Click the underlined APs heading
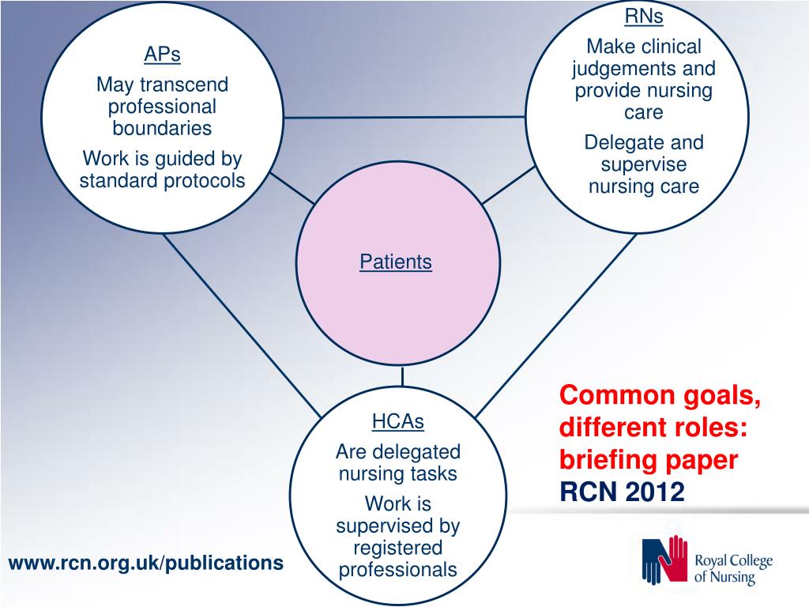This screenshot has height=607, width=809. (162, 55)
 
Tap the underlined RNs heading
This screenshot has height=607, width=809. (644, 17)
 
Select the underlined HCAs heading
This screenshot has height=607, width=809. (398, 422)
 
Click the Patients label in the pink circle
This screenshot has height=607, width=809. (396, 262)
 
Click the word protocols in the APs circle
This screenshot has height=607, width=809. (205, 181)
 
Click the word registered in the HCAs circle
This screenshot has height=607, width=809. (398, 548)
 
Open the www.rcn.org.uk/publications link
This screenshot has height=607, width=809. (145, 563)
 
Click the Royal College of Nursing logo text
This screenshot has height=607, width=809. (732, 569)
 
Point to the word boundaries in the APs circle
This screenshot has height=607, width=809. (162, 128)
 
